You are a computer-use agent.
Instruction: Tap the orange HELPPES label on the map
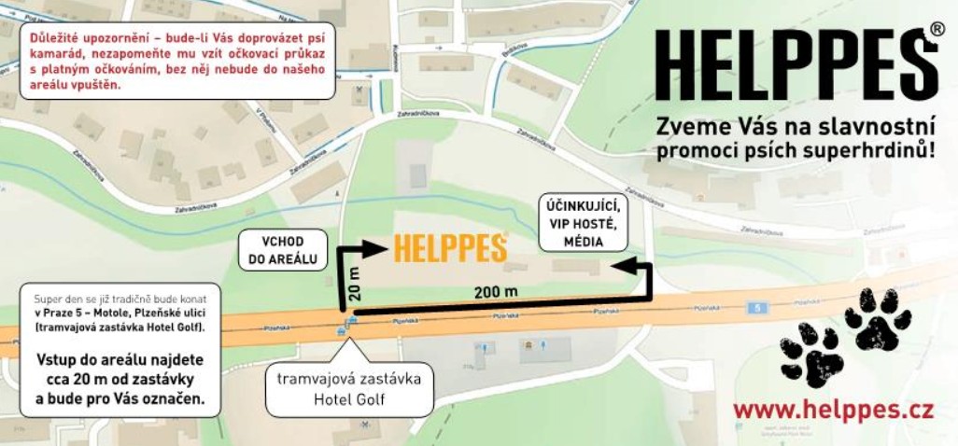click(449, 248)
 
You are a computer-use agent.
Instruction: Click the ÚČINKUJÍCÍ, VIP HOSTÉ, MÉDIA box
click(584, 224)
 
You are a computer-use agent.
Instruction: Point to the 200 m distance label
click(495, 292)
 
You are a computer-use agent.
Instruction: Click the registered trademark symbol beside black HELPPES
click(936, 30)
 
